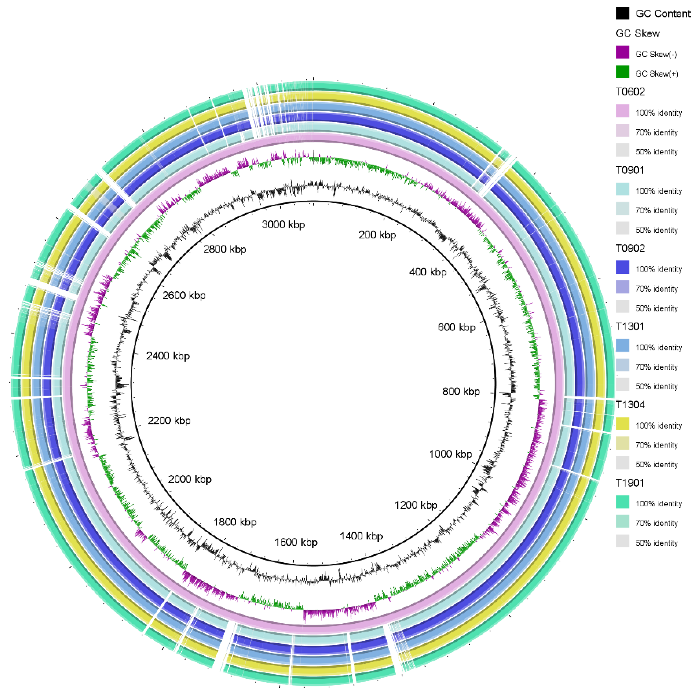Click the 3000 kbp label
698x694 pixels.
(x=283, y=225)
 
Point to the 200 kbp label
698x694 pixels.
(x=377, y=235)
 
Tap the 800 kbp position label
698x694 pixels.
(x=461, y=391)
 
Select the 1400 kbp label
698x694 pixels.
(x=361, y=536)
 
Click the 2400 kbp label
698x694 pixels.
(x=168, y=356)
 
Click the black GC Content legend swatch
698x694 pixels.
(x=623, y=13)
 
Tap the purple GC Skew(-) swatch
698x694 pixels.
(x=623, y=52)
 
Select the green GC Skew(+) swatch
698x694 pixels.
(x=623, y=72)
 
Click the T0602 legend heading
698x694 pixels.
(x=630, y=92)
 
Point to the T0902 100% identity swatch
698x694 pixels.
(x=623, y=268)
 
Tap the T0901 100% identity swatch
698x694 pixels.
(x=623, y=189)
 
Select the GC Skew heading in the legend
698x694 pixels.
(x=638, y=34)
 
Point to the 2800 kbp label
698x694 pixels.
(x=225, y=249)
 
